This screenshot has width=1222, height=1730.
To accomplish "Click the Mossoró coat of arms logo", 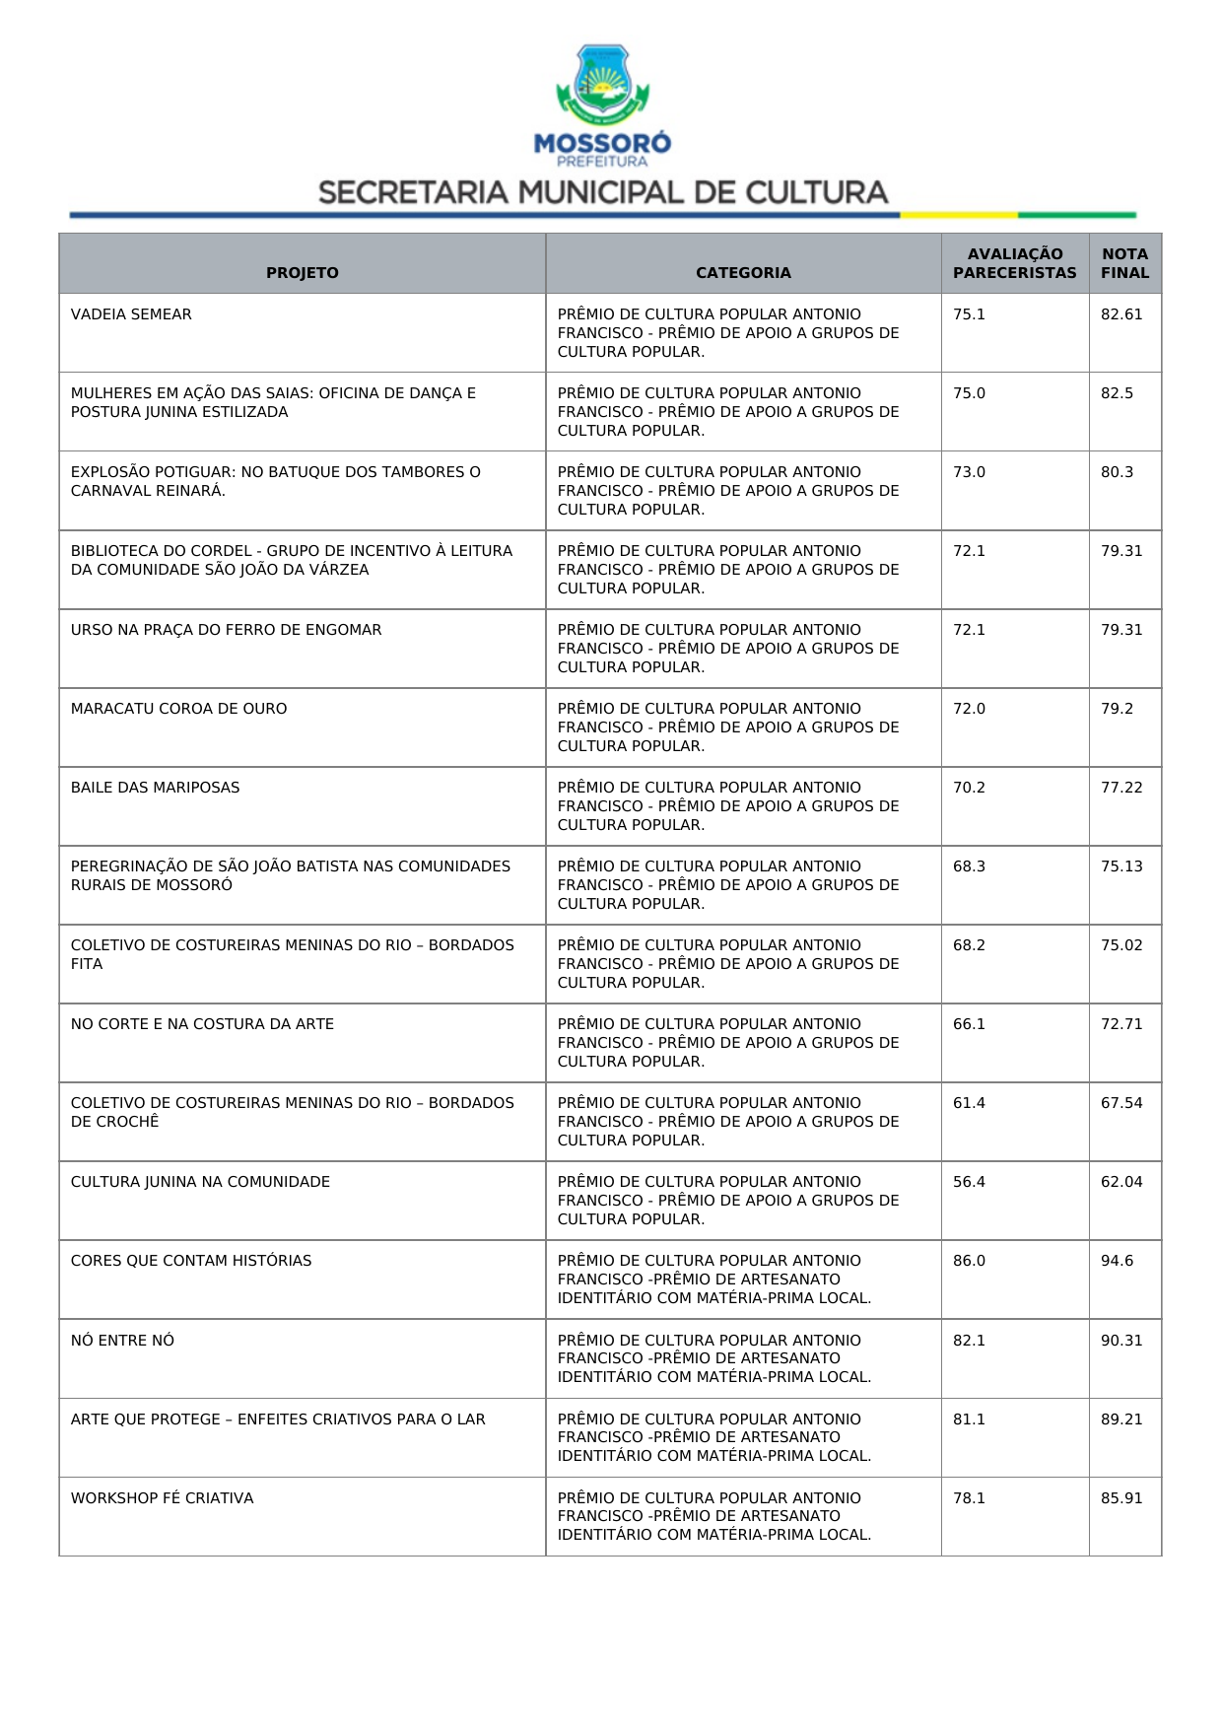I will tap(602, 87).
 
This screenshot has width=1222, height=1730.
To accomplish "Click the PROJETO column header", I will tap(302, 273).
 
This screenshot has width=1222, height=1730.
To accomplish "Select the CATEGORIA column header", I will tap(743, 273).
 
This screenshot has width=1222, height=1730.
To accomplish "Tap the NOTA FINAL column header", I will tap(1124, 263).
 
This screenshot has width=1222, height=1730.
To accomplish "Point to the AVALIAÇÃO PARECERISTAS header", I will tap(1014, 263).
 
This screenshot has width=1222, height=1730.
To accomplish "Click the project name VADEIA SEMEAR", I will tap(131, 314).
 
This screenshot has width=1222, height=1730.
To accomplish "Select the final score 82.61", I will tap(1121, 314).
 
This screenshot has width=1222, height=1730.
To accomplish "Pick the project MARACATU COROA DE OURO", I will tap(178, 709).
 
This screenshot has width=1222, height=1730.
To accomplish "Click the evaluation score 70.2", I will tap(969, 788).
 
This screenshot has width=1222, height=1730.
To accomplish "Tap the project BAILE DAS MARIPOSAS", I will tap(155, 788).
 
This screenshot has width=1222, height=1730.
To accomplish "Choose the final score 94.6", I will tap(1117, 1261).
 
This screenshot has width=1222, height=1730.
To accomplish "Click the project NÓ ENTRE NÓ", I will tap(122, 1341).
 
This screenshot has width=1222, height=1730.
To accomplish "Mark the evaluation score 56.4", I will tap(969, 1182).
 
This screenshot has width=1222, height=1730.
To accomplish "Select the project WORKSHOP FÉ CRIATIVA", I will tap(162, 1498).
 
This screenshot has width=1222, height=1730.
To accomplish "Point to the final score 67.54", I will tap(1121, 1103).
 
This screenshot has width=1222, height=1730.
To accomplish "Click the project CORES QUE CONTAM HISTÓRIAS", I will tap(190, 1261).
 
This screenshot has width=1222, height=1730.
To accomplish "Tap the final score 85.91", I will tap(1121, 1498).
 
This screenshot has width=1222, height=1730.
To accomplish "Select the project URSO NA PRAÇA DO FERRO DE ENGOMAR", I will tap(226, 630).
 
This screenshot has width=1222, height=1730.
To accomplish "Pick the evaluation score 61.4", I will tap(969, 1103).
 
